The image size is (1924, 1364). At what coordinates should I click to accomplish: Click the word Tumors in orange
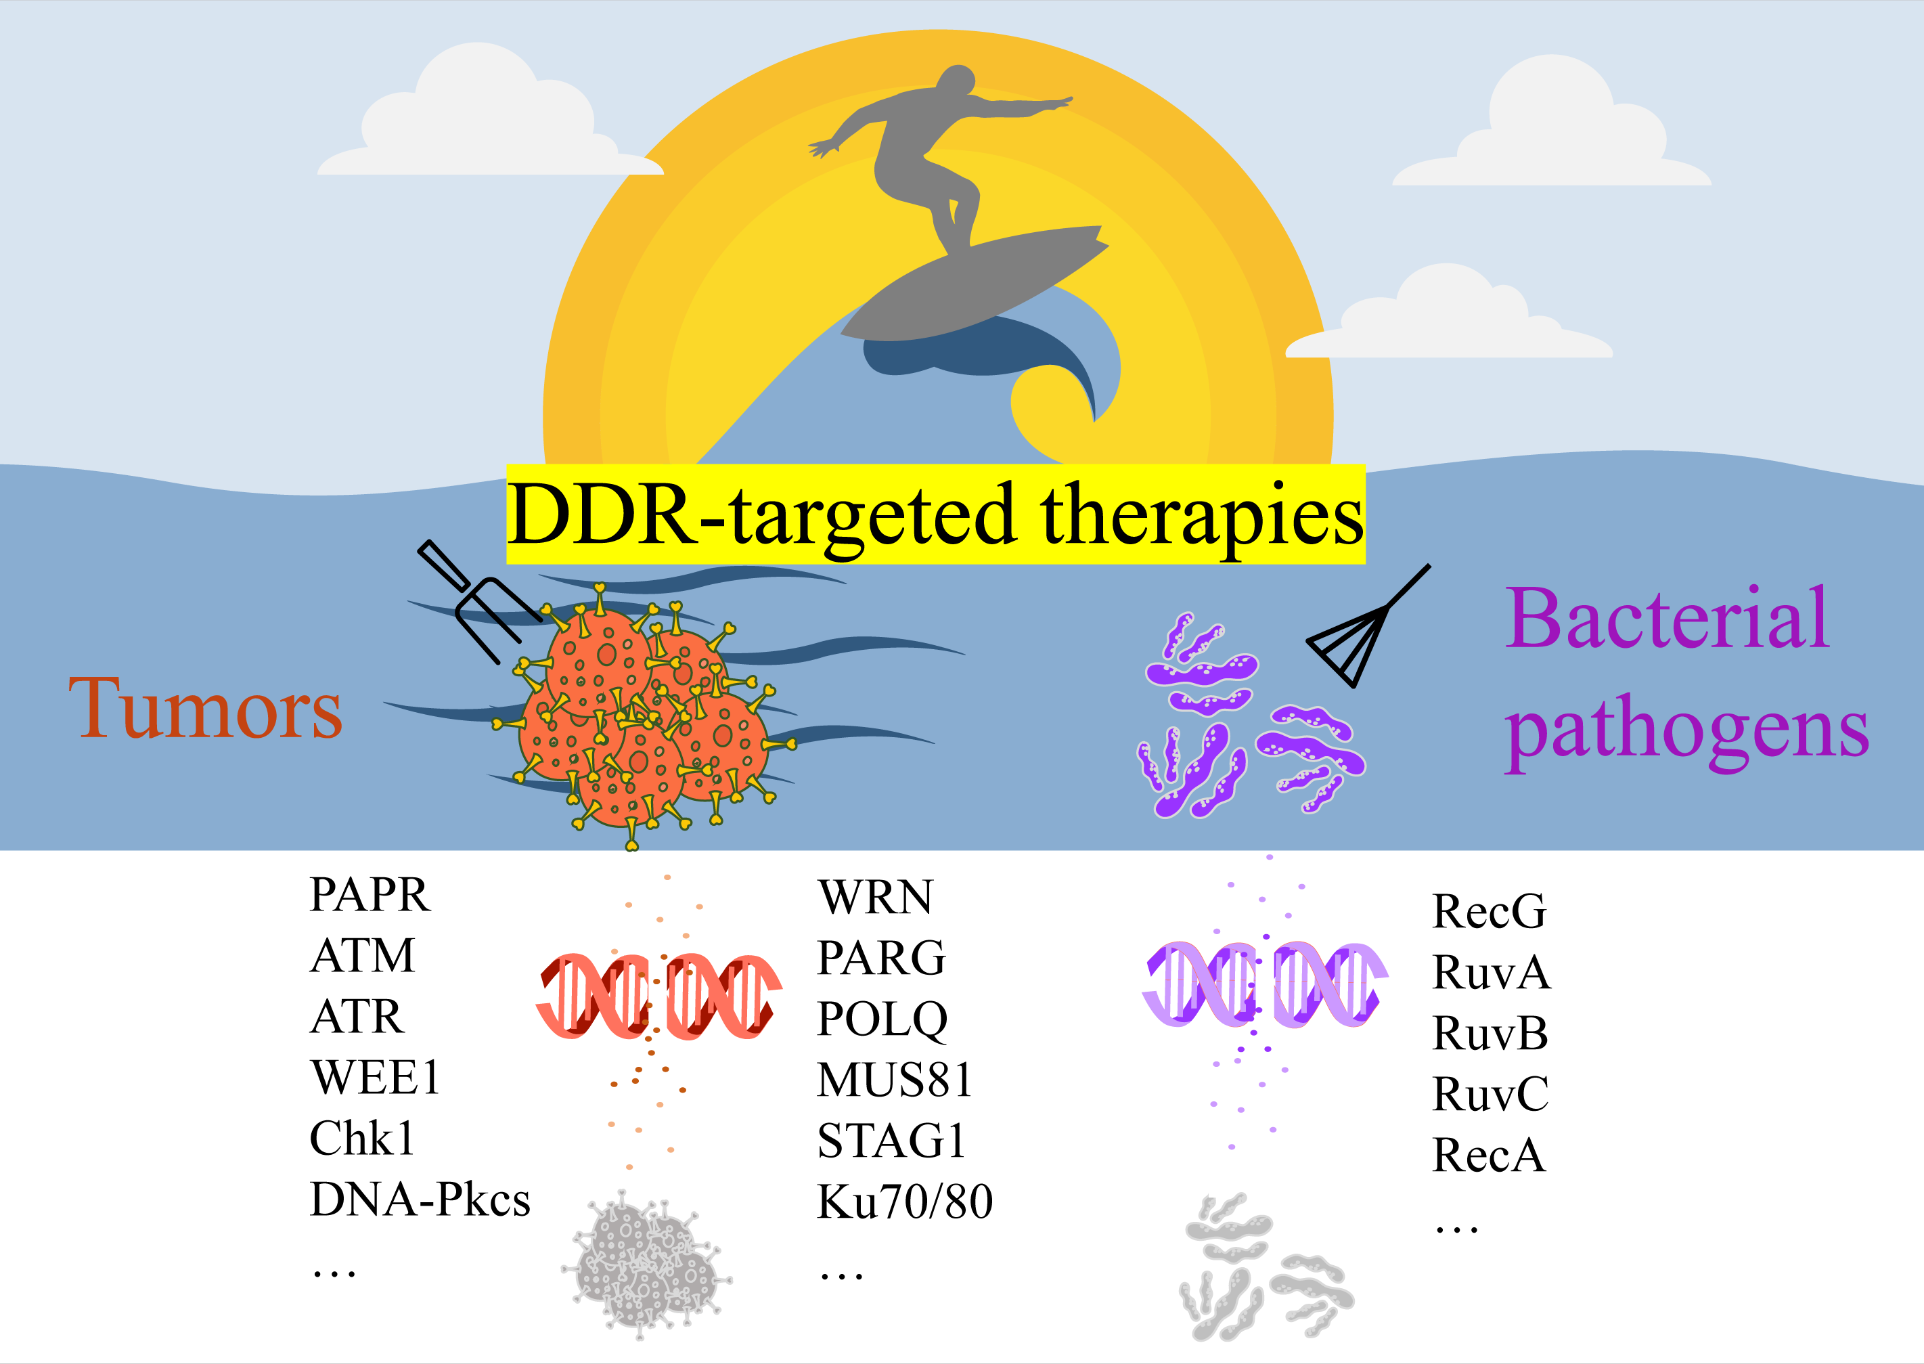tap(206, 709)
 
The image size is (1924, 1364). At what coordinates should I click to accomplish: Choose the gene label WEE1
tap(375, 1078)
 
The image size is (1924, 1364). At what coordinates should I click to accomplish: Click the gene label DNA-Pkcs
tap(420, 1200)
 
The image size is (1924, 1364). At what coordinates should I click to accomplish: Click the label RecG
tap(1488, 911)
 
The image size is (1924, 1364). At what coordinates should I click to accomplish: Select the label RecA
tap(1488, 1156)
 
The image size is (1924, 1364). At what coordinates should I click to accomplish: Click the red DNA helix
tap(659, 996)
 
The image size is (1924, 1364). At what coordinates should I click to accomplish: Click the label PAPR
tap(370, 894)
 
